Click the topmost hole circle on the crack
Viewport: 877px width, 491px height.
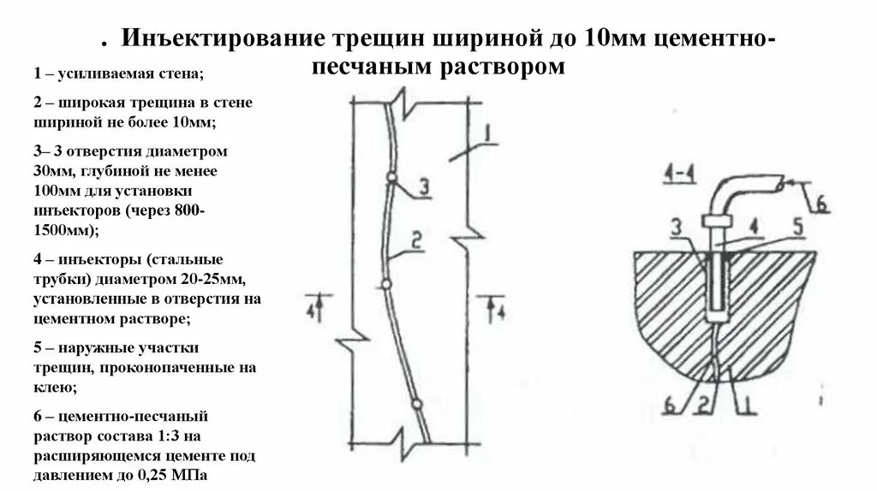pos(391,177)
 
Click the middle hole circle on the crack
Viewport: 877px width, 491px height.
pos(386,283)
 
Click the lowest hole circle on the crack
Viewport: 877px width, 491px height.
pos(415,404)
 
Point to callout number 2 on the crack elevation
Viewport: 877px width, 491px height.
pos(416,245)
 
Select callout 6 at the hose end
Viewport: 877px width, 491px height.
pos(820,204)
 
